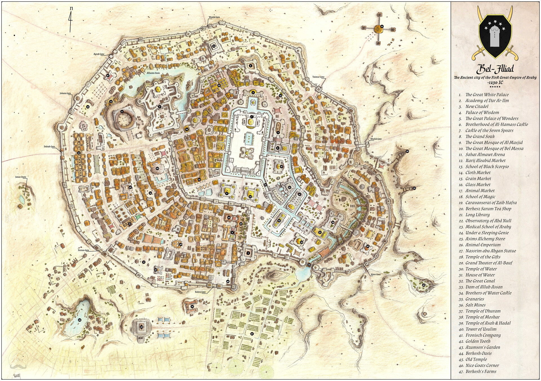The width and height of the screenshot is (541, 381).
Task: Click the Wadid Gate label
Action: point(214,17)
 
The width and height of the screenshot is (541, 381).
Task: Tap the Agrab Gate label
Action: point(99,54)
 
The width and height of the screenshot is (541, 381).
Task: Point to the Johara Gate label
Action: point(65,93)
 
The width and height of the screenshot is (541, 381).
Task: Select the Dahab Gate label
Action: point(49,147)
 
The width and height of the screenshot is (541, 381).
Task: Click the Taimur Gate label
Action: point(318,77)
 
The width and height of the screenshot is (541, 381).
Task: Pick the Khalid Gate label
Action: point(376,139)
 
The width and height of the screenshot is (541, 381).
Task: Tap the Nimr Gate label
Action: point(376,274)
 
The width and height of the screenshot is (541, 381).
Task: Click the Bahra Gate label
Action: point(200,292)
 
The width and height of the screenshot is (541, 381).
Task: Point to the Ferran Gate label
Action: point(83,250)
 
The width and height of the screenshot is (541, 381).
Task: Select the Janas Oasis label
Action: point(21,177)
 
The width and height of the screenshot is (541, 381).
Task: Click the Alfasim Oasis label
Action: point(153,73)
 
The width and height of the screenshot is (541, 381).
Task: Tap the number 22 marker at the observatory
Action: point(382,26)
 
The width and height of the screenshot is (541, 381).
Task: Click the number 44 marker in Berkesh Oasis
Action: point(79,320)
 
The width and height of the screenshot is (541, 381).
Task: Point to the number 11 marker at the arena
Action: point(122,112)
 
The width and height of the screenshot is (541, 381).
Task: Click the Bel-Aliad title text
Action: point(495,69)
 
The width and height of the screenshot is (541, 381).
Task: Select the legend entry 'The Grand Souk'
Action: point(480,136)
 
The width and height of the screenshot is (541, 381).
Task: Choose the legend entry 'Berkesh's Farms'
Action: point(481,371)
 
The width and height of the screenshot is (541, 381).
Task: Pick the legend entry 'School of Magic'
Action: point(480,197)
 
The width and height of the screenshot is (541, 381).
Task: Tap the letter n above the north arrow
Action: point(71,8)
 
